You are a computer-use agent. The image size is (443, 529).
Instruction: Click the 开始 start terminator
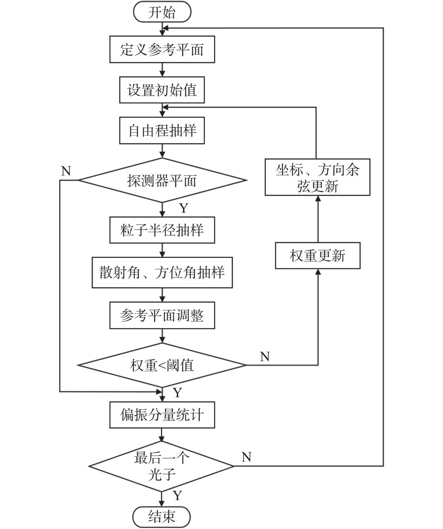point(162,12)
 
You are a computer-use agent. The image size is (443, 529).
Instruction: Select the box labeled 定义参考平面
point(162,49)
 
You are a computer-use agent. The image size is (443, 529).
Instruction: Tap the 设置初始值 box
point(162,90)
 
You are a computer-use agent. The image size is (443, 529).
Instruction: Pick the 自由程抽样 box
point(162,130)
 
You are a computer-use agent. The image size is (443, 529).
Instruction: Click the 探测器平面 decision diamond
point(162,180)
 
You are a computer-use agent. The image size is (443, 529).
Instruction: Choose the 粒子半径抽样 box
point(162,230)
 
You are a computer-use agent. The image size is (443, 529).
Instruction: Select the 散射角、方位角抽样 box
point(162,272)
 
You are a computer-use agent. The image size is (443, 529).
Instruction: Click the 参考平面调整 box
point(162,315)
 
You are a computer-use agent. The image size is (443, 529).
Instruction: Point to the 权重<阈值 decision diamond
point(162,365)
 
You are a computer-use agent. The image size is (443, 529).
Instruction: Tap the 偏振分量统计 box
point(162,415)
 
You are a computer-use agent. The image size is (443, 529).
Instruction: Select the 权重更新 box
point(317,256)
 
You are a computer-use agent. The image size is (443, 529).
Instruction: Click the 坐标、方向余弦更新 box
point(317,177)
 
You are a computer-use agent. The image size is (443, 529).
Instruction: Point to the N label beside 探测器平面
point(66,171)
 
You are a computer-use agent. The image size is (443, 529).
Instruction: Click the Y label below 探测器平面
point(184,208)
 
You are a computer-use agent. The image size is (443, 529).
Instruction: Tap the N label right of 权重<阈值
point(265,356)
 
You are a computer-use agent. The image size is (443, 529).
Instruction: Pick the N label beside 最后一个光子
point(246,457)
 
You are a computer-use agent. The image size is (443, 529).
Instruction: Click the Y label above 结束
point(177,495)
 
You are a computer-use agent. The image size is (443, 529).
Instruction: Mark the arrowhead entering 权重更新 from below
point(318,272)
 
